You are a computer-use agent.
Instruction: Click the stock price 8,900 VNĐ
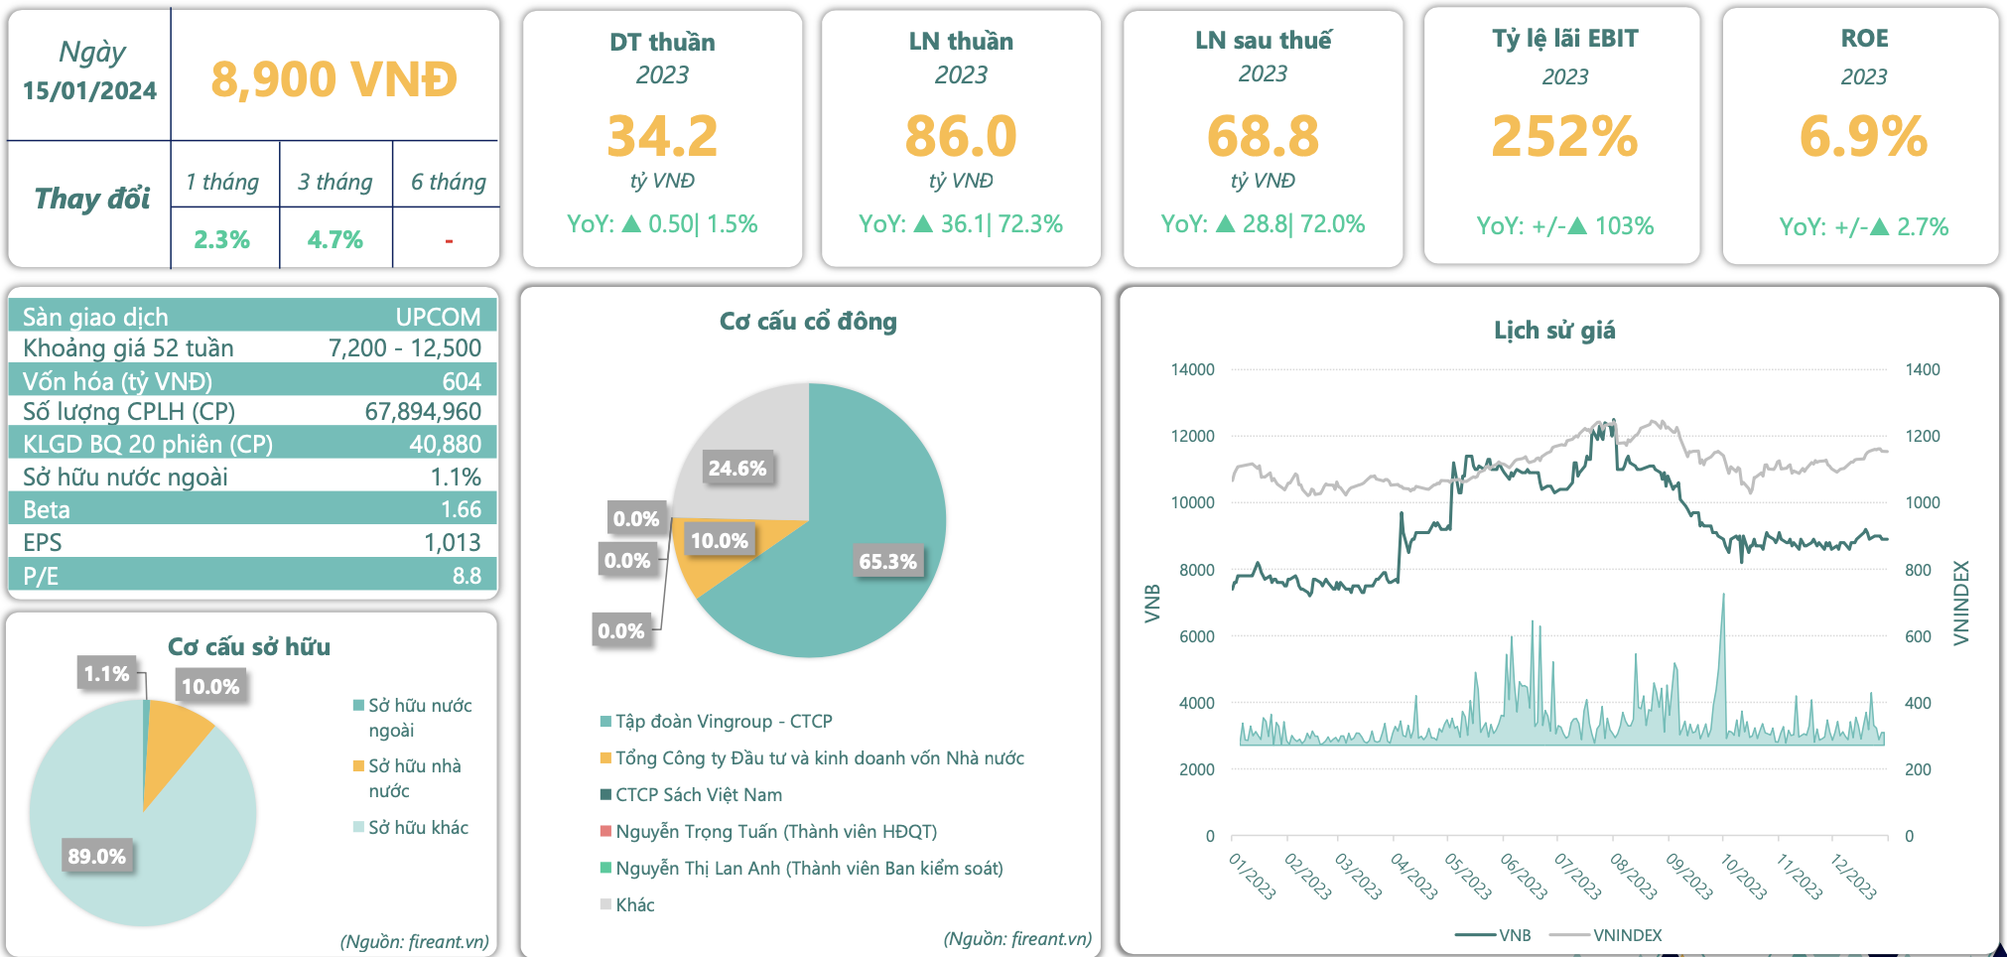(334, 79)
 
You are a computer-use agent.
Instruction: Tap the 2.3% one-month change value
(221, 239)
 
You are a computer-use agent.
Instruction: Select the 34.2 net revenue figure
(662, 136)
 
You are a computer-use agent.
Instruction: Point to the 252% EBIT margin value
(1564, 136)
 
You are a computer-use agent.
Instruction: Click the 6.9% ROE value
(1863, 136)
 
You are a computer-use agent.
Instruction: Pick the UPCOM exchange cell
(438, 317)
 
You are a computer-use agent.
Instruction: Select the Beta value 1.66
(461, 509)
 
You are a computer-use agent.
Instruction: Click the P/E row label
(41, 576)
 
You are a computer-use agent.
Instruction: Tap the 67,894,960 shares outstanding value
(423, 411)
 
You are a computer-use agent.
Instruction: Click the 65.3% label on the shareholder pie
(887, 561)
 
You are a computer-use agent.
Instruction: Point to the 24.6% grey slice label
(736, 468)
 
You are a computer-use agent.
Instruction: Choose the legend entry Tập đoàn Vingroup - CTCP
(723, 722)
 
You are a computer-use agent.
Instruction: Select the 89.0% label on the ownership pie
(96, 856)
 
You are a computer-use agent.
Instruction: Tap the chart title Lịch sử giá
(1554, 331)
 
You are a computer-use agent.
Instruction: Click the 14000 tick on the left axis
(1192, 369)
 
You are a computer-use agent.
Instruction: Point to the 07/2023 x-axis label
(1577, 877)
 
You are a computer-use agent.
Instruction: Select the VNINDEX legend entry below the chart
(1627, 935)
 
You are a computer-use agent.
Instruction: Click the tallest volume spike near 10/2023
(1723, 596)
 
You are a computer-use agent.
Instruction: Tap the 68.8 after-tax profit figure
(1263, 136)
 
